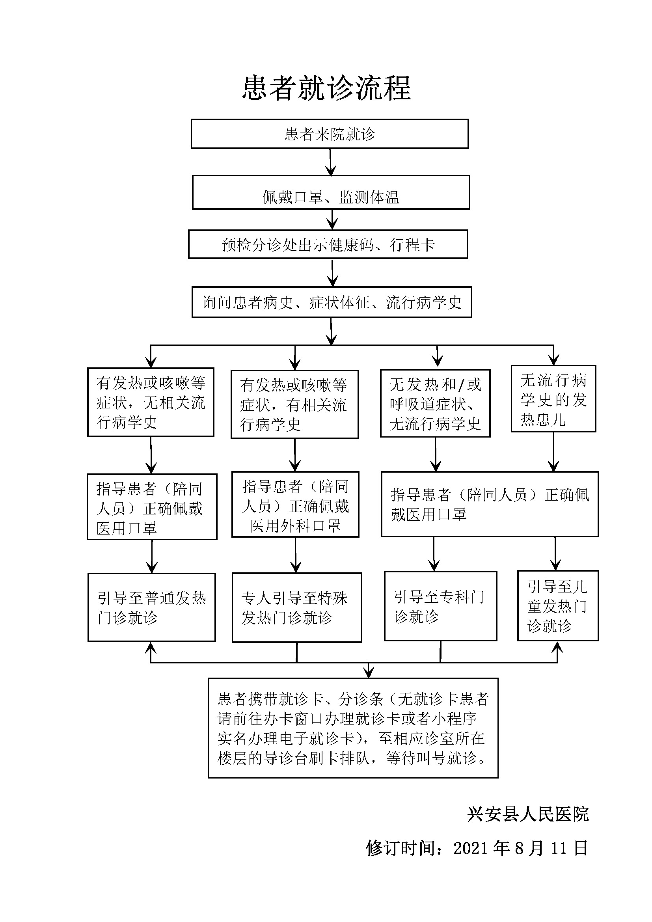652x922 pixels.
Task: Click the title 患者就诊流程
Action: pos(326,88)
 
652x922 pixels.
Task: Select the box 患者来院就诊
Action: pos(330,134)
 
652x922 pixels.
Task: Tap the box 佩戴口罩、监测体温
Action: pos(331,193)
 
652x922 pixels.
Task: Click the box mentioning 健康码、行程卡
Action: pos(328,244)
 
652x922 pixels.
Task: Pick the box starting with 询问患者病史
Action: pos(332,302)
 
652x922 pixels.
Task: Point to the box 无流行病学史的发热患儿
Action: pos(553,399)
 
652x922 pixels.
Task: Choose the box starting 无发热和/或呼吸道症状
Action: pos(435,404)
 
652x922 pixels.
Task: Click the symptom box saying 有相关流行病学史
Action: pos(295,404)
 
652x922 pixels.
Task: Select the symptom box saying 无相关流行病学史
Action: pos(151,402)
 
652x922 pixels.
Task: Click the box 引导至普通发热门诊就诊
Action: pos(151,607)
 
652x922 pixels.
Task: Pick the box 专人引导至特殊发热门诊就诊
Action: pos(297,608)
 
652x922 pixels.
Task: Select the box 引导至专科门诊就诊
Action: pos(440,606)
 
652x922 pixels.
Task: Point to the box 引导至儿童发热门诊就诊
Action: pos(558,606)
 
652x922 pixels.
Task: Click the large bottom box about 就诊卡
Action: pos(353,728)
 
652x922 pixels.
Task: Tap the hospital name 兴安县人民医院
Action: pos(528,815)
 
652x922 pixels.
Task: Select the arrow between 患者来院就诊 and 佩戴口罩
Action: pos(330,162)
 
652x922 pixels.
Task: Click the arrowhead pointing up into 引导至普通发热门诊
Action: pos(151,647)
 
